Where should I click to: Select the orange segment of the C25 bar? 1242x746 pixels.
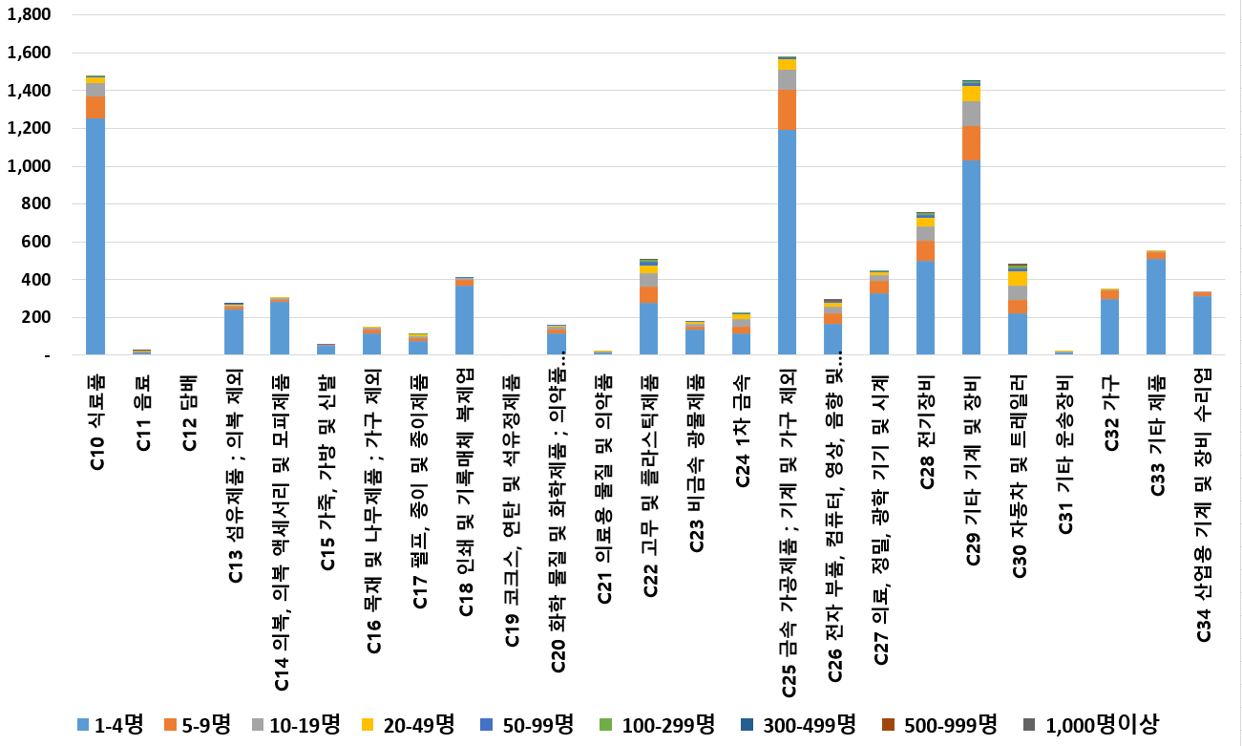coord(788,110)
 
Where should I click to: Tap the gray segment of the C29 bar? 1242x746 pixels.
coord(972,113)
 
